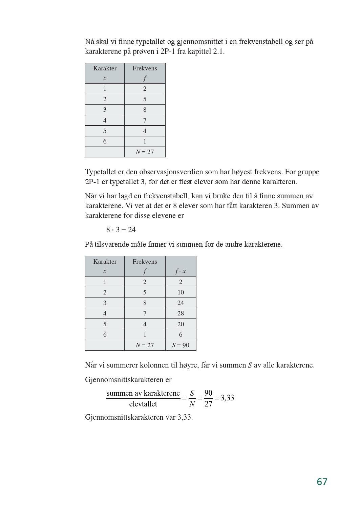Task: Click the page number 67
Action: click(322, 482)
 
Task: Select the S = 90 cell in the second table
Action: click(181, 345)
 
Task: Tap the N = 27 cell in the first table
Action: click(145, 152)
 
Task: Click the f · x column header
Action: click(181, 271)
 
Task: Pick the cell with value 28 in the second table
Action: click(181, 313)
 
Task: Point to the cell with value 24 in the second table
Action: click(181, 303)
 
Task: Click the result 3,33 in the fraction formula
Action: click(227, 398)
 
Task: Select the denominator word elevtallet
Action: click(143, 404)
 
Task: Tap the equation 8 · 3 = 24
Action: click(121, 230)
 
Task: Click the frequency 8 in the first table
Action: click(145, 110)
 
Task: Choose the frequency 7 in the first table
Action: click(145, 120)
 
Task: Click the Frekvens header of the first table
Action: click(145, 68)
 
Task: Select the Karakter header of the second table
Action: click(105, 262)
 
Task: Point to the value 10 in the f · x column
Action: click(181, 292)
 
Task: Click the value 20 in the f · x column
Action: click(181, 324)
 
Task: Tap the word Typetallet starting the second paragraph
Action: click(101, 172)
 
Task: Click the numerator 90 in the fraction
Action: click(208, 393)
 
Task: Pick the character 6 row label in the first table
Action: click(105, 141)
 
